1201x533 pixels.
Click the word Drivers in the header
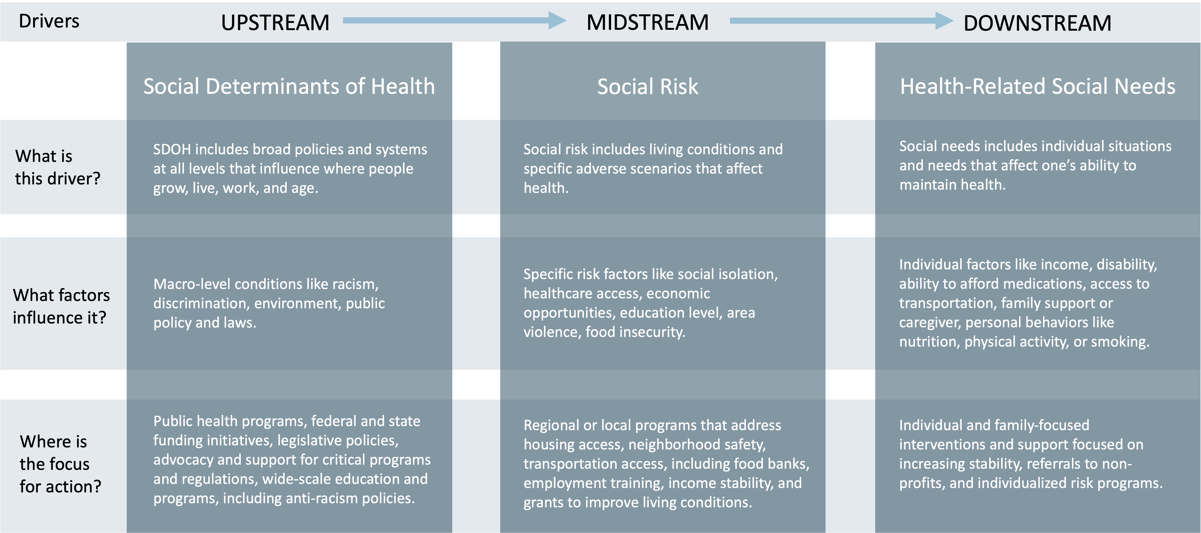click(x=49, y=21)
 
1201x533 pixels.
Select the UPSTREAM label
click(x=275, y=23)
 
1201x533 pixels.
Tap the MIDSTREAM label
click(x=648, y=23)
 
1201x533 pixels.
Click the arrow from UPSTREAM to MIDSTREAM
click(x=454, y=20)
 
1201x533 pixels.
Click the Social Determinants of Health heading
click(x=289, y=86)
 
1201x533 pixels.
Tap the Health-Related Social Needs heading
click(x=1037, y=86)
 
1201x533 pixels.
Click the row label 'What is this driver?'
click(x=57, y=167)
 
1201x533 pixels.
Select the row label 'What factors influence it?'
click(x=61, y=306)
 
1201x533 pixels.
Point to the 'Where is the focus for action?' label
click(x=60, y=463)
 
